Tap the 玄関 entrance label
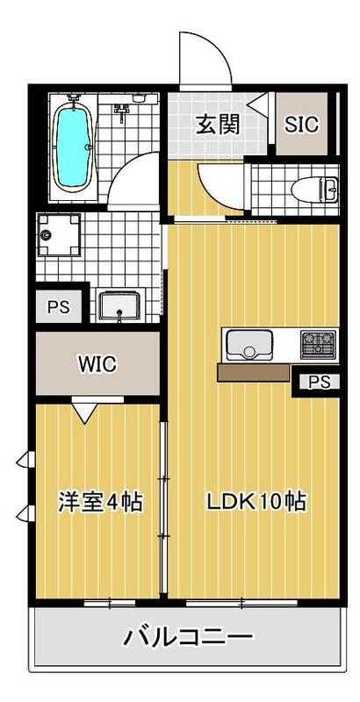217,124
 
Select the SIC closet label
301,124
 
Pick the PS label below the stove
320,382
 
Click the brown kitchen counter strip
254,373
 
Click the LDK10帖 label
256,503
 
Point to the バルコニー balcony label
188,635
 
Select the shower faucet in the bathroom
122,109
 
